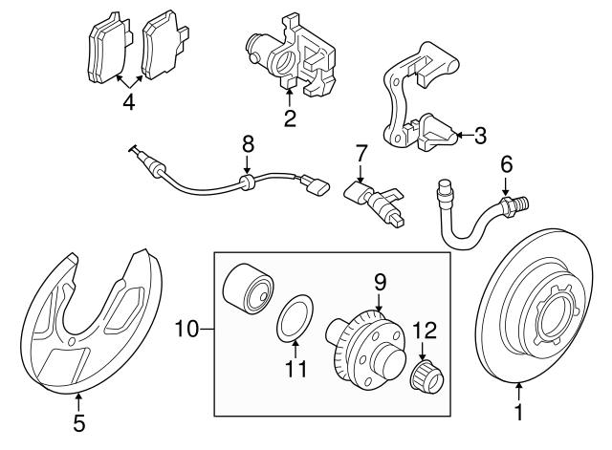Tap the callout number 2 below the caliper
tap(290, 118)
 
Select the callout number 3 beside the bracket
tap(479, 136)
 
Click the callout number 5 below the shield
tap(79, 420)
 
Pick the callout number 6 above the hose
tap(507, 164)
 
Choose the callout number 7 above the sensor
tap(361, 152)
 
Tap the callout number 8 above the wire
tap(248, 143)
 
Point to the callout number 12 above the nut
tap(424, 332)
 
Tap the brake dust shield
tap(86, 325)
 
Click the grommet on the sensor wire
tap(247, 178)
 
